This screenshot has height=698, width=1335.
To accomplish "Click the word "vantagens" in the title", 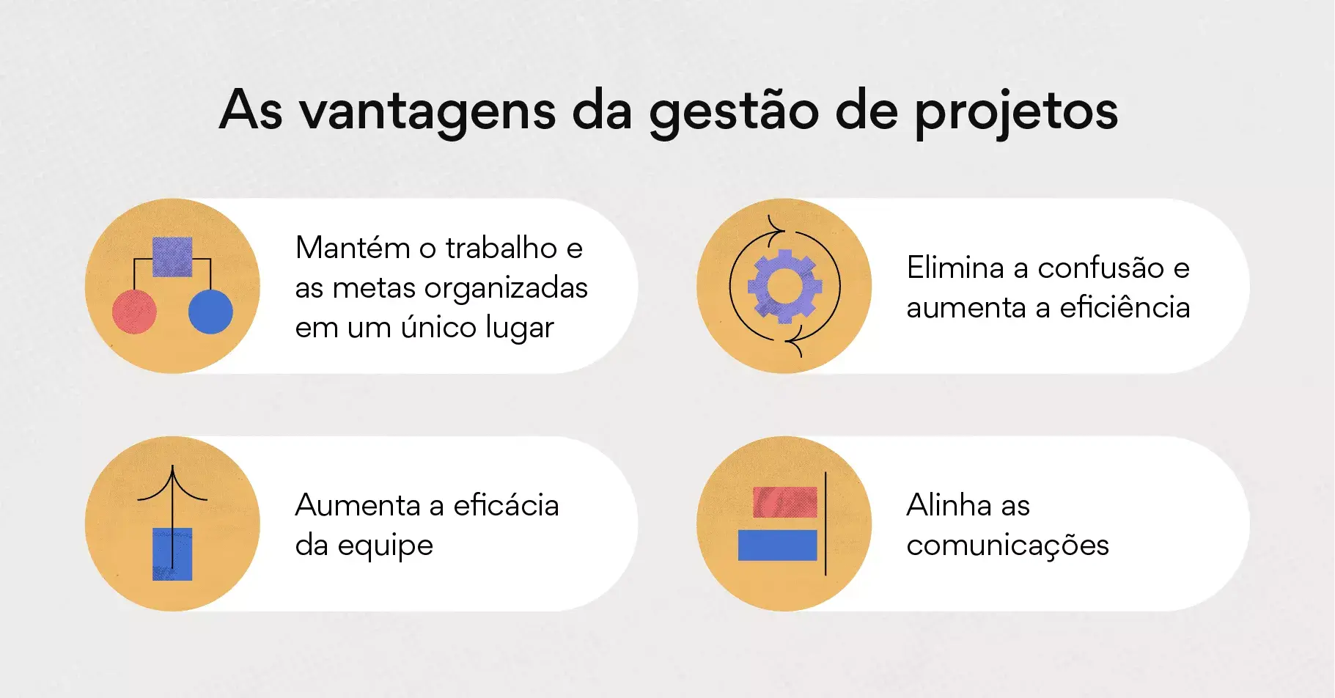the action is tap(427, 112).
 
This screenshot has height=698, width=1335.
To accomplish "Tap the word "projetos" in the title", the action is tap(1016, 112).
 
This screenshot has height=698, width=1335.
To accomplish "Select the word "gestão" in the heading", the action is tap(734, 112).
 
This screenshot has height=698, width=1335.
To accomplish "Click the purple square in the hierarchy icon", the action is tap(172, 257).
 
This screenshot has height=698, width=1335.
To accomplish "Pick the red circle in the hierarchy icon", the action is tap(134, 312).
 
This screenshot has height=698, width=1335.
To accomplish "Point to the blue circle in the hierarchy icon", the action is tap(210, 312).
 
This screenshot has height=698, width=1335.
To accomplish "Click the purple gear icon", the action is tap(784, 286).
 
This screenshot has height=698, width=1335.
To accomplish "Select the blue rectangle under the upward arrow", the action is tap(172, 554).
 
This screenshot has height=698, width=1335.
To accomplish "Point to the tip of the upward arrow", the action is tap(172, 466).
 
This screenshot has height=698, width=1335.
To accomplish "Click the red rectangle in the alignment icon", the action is tap(785, 502).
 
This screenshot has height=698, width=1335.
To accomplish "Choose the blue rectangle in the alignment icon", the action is tap(777, 545).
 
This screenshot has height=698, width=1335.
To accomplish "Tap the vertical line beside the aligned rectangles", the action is tap(825, 523).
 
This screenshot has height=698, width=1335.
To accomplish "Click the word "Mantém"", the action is tap(353, 248).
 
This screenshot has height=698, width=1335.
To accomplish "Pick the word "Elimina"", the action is tap(955, 268).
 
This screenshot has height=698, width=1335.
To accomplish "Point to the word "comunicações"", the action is tap(1007, 546).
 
